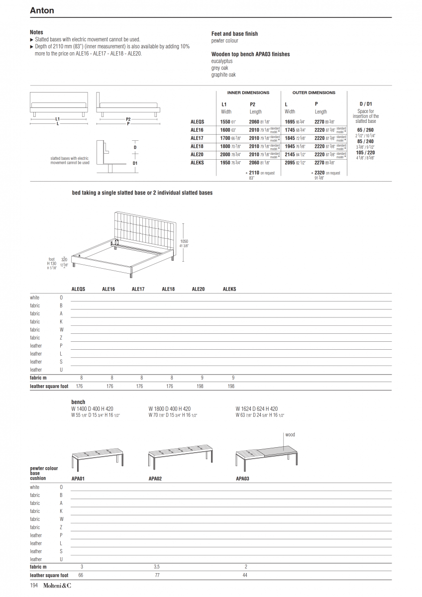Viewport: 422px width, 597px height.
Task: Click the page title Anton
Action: click(42, 10)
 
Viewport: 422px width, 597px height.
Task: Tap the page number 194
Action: click(34, 586)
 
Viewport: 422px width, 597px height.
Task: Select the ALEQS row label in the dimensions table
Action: click(197, 121)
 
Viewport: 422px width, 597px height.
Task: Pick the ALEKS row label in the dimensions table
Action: click(197, 163)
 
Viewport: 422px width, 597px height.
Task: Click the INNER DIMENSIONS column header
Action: click(248, 93)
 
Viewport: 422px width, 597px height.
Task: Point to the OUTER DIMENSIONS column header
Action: click(314, 93)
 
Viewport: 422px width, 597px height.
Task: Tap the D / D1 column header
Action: click(366, 104)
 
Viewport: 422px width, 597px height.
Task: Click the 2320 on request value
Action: click(327, 173)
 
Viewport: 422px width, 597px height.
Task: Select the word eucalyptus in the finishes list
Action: click(221, 61)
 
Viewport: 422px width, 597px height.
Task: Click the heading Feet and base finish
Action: click(234, 34)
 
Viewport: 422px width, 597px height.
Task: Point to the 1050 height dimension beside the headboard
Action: click(184, 241)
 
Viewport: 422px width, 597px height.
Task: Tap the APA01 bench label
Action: click(78, 478)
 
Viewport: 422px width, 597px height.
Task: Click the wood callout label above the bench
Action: click(290, 435)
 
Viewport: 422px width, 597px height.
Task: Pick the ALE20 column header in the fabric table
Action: click(198, 289)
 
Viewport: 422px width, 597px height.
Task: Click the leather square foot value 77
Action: click(157, 575)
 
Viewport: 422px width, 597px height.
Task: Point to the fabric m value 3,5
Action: click(157, 567)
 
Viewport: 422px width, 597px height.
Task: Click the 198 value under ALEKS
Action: click(231, 386)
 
